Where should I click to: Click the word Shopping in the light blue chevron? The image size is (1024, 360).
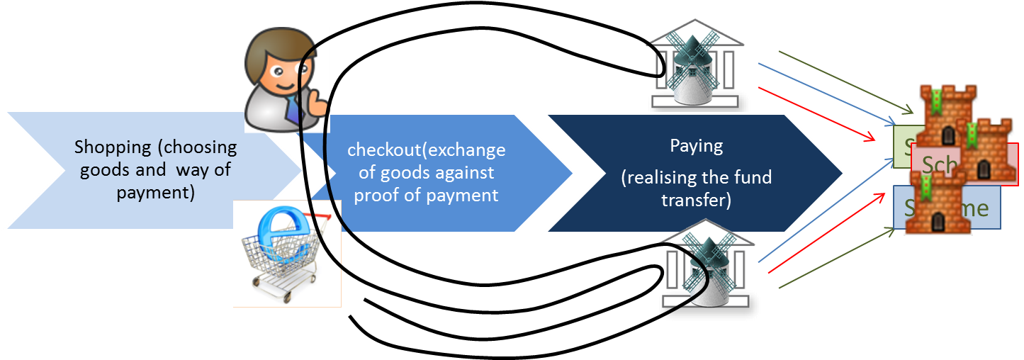112,147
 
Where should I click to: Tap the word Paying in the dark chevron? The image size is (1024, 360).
696,146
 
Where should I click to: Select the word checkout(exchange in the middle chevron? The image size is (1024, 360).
426,150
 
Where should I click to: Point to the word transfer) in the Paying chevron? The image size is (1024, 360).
696,201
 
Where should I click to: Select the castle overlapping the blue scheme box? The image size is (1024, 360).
935,202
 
